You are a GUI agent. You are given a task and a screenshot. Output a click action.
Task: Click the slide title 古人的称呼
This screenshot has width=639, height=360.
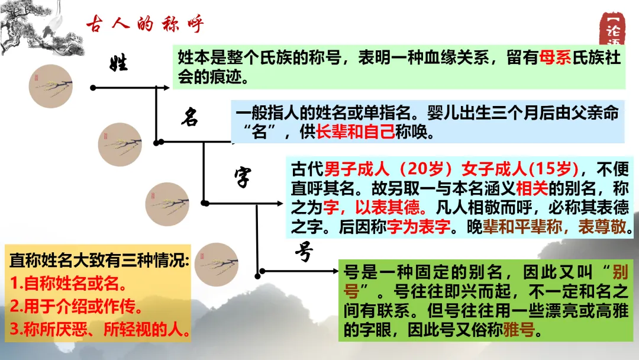click(x=145, y=25)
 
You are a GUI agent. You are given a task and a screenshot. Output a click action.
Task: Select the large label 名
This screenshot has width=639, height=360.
click(x=189, y=117)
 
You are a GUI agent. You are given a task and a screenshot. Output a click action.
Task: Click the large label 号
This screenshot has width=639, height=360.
click(x=304, y=253)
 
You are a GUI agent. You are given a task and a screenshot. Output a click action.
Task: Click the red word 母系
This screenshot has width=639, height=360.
click(x=556, y=57)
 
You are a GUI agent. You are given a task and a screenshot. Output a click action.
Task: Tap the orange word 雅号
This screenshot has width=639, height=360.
click(x=518, y=330)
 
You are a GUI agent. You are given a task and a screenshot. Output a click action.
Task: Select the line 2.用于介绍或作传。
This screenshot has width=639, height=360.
click(x=76, y=307)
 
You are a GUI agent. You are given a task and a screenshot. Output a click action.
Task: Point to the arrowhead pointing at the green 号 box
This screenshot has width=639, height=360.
click(x=334, y=271)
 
